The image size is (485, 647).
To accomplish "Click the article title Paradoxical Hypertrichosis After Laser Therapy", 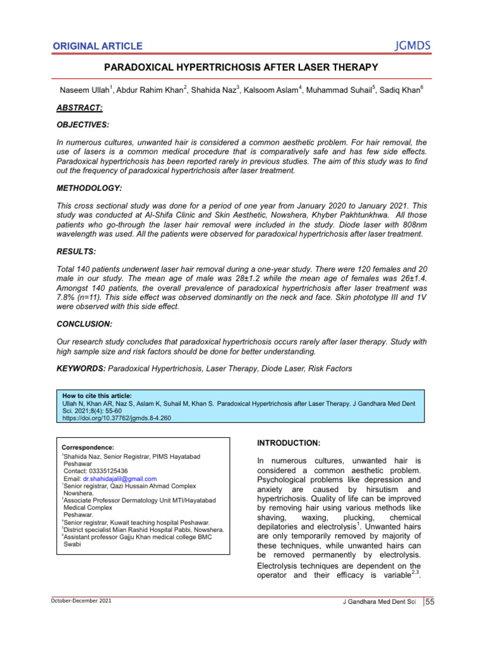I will pyautogui.click(x=242, y=68).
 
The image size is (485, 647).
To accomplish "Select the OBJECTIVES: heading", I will pyautogui.click(x=83, y=126).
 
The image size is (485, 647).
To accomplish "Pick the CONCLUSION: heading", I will pyautogui.click(x=85, y=323).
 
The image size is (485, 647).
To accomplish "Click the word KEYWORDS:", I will pyautogui.click(x=81, y=368).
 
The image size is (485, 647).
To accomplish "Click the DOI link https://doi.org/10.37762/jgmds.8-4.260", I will pyautogui.click(x=116, y=418).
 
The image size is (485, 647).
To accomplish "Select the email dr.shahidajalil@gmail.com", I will pyautogui.click(x=119, y=479).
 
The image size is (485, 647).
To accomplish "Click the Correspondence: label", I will pyautogui.click(x=88, y=447).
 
